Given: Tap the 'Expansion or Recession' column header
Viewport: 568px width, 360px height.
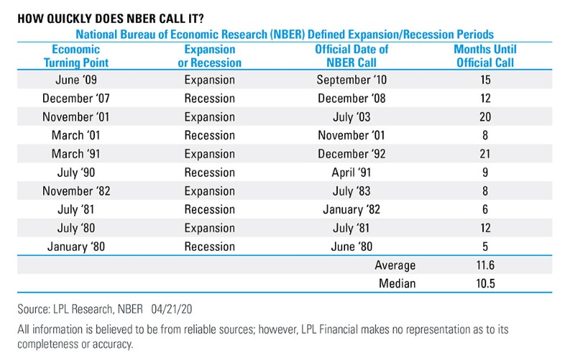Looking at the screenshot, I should [x=209, y=56].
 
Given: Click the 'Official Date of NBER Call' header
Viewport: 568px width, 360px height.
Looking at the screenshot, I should [x=352, y=56].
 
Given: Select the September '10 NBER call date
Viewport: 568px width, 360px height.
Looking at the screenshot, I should [x=352, y=79].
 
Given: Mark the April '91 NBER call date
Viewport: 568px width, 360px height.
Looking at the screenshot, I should [x=352, y=172].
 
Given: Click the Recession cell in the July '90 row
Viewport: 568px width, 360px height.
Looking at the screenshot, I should [x=209, y=172].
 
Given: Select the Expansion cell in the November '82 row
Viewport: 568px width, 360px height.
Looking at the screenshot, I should [x=209, y=191].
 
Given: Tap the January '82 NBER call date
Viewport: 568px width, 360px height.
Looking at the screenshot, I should [x=352, y=210].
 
